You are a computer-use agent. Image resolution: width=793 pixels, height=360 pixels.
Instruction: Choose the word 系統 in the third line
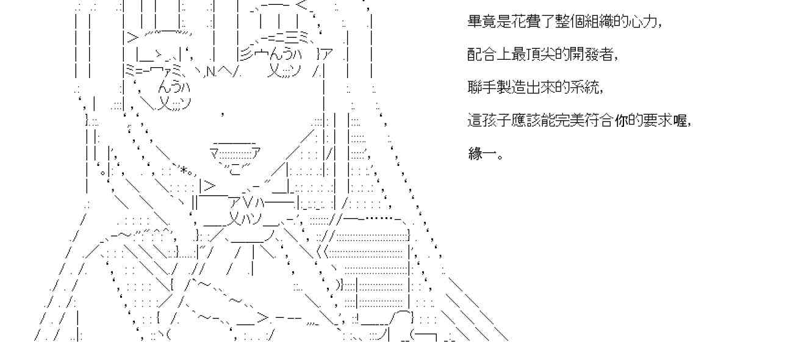(x=586, y=88)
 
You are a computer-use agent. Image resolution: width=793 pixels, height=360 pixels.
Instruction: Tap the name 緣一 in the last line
(x=483, y=154)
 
